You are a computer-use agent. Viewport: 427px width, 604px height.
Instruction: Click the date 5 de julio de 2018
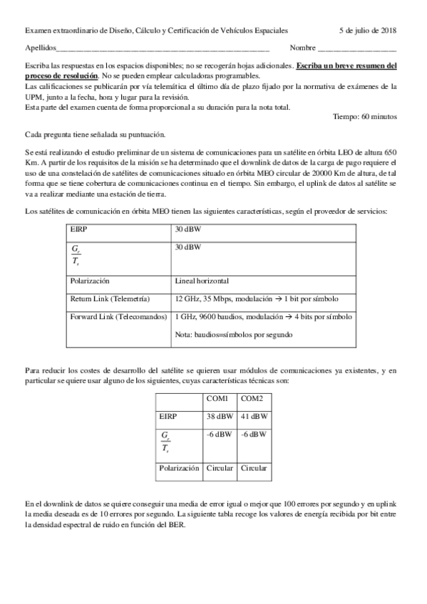(x=368, y=31)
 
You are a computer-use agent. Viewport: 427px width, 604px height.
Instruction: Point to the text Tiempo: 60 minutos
(x=365, y=116)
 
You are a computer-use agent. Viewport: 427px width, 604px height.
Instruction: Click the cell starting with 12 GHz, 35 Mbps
(x=257, y=299)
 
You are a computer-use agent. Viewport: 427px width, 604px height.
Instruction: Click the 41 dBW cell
(x=254, y=416)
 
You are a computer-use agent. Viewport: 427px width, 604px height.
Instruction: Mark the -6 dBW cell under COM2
(x=254, y=434)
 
